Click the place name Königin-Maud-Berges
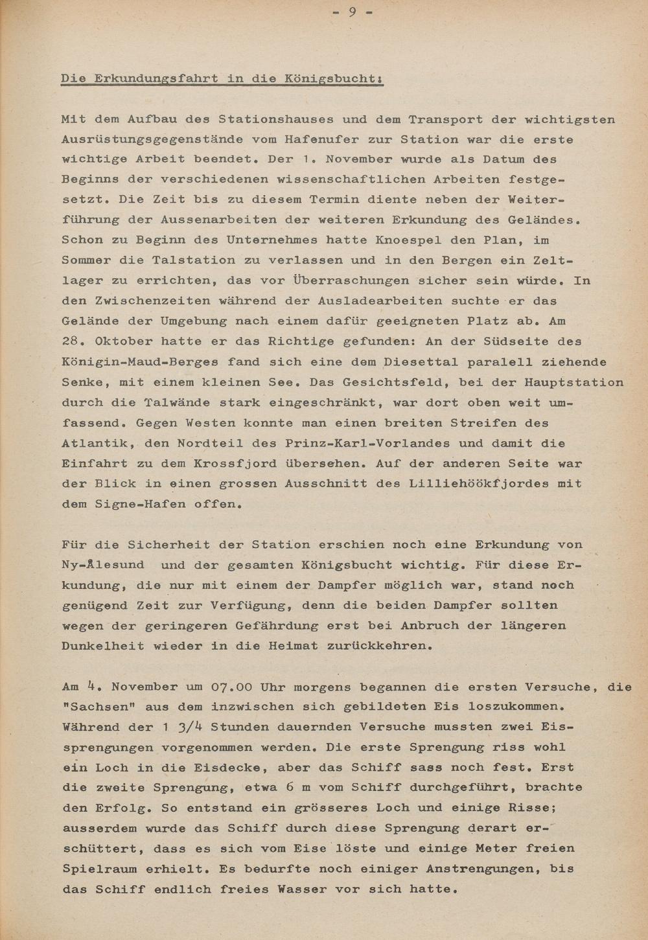point(139,362)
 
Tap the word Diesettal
point(421,362)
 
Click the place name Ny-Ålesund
point(104,565)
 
